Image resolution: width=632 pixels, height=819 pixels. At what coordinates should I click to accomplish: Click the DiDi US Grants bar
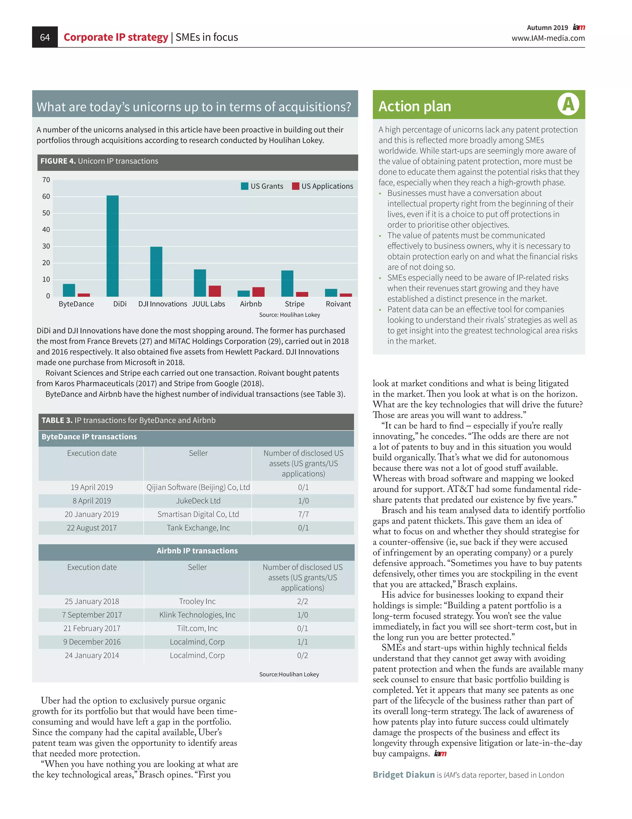pos(113,246)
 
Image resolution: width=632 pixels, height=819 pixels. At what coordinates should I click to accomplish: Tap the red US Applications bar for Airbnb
pos(258,292)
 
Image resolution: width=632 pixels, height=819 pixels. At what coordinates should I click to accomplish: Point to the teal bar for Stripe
pos(287,283)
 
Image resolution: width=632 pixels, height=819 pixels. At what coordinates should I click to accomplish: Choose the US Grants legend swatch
pos(244,186)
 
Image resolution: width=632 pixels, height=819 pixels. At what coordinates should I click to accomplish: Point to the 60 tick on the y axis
pos(46,196)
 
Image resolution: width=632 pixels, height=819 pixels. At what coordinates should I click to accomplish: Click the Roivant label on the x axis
pos(338,304)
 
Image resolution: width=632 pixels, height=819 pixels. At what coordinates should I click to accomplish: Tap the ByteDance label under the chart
pos(76,304)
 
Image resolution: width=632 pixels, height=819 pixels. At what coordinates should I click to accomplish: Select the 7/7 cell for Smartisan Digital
pos(303,514)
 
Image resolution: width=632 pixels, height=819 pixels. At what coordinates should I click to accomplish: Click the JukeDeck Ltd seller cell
pos(198,501)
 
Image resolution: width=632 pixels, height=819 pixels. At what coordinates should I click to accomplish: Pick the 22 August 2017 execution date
pos(92,527)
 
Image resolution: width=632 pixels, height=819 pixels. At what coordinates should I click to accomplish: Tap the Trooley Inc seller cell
pos(197,601)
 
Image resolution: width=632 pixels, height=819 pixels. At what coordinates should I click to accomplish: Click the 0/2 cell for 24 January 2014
pos(302,655)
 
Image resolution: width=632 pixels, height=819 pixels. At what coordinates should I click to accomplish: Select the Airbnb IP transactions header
pos(197,551)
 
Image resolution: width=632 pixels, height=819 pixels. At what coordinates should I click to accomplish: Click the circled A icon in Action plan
pos(568,104)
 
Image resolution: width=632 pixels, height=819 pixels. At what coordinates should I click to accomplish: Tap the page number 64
pos(45,37)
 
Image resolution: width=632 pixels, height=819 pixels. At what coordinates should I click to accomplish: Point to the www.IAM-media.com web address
pos(548,38)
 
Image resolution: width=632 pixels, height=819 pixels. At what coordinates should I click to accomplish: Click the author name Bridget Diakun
pos(404,775)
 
